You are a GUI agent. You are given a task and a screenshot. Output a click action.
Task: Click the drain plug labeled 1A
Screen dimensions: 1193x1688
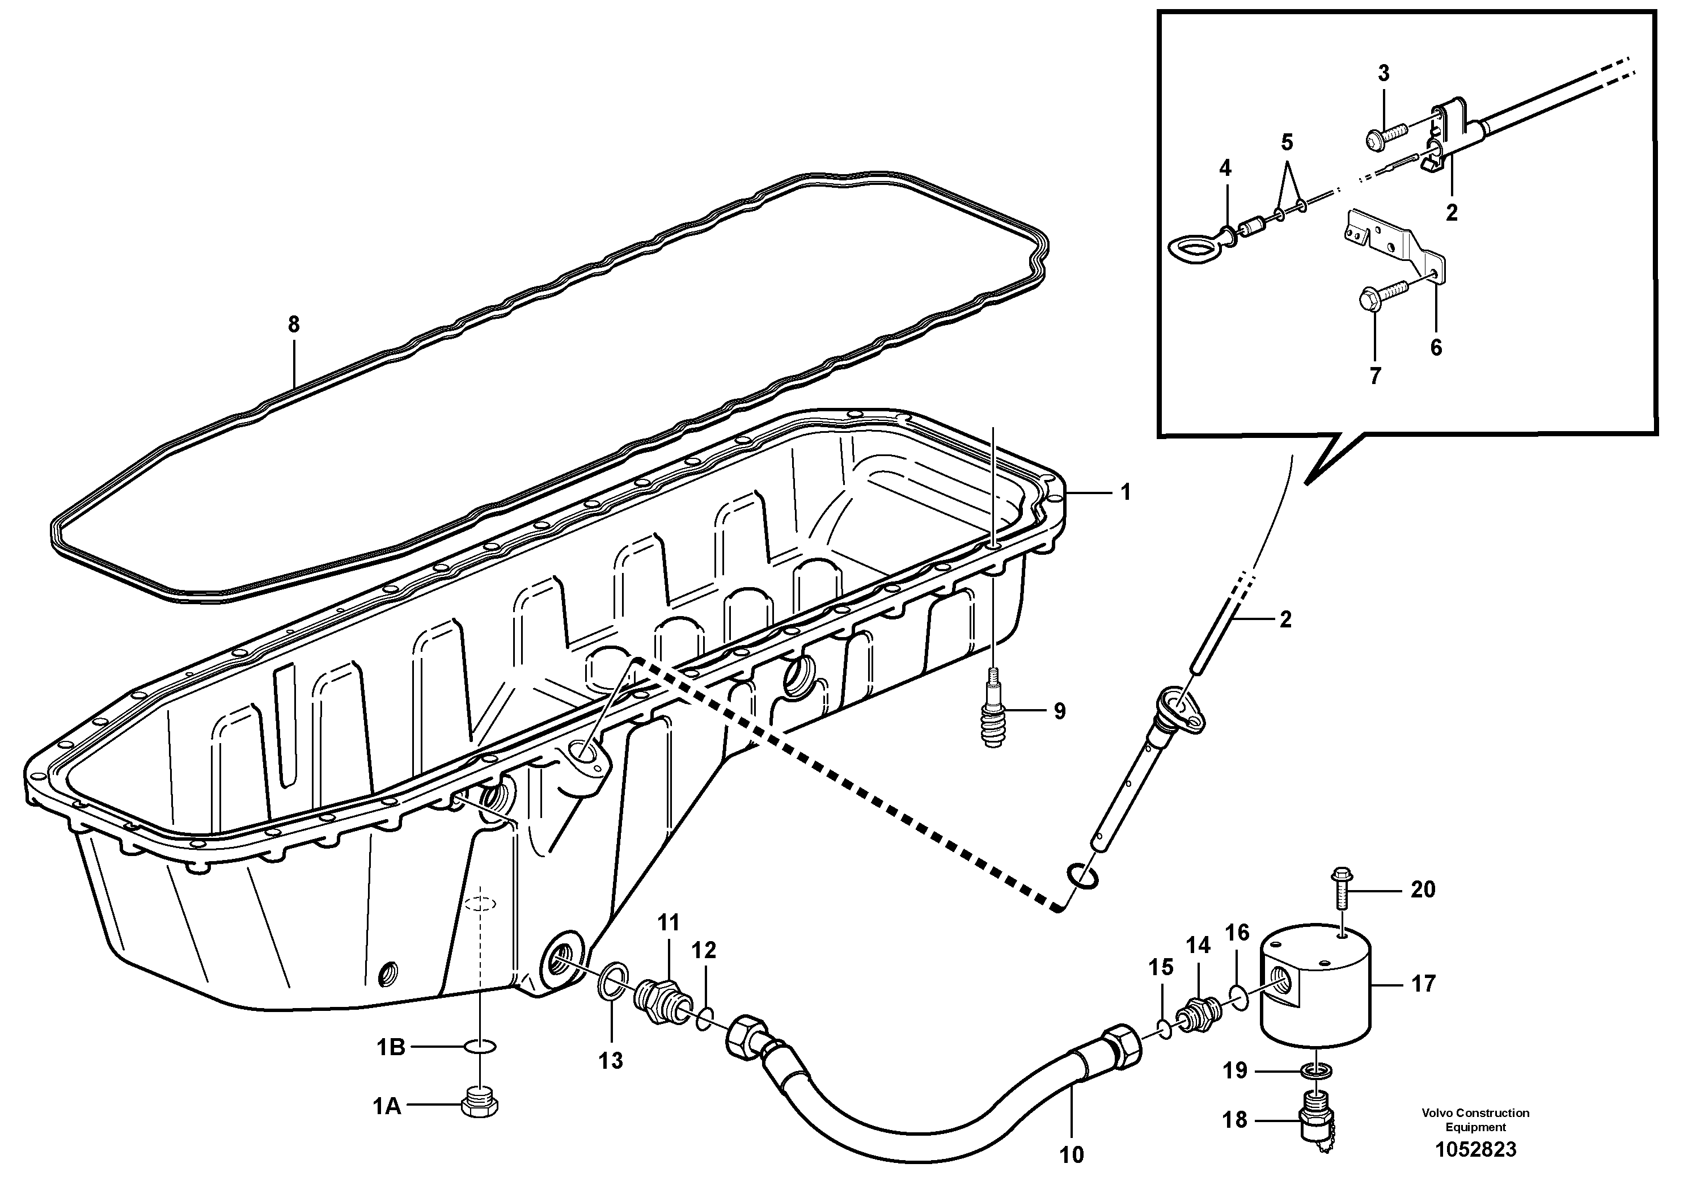(480, 1105)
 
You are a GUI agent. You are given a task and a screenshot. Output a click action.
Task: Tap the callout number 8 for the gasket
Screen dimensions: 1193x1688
(293, 324)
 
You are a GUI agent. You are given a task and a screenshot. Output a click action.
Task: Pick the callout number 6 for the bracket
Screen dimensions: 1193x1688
(1436, 347)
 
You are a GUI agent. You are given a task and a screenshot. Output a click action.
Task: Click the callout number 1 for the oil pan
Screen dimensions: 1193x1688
(1125, 492)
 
